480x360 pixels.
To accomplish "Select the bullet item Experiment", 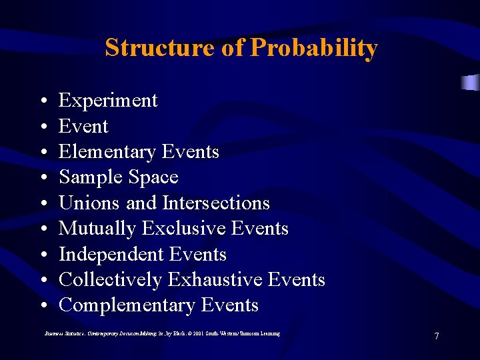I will click(x=108, y=101).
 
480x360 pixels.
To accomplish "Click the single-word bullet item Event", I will click(x=83, y=126).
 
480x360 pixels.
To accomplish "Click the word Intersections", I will click(x=216, y=203).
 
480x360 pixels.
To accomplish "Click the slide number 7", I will click(x=437, y=336).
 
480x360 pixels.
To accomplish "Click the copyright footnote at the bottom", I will click(x=162, y=333).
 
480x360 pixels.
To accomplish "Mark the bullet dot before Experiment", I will click(x=42, y=101).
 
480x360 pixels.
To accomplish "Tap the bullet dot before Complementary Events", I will click(x=42, y=306).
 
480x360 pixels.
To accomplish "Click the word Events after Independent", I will click(x=198, y=254).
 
